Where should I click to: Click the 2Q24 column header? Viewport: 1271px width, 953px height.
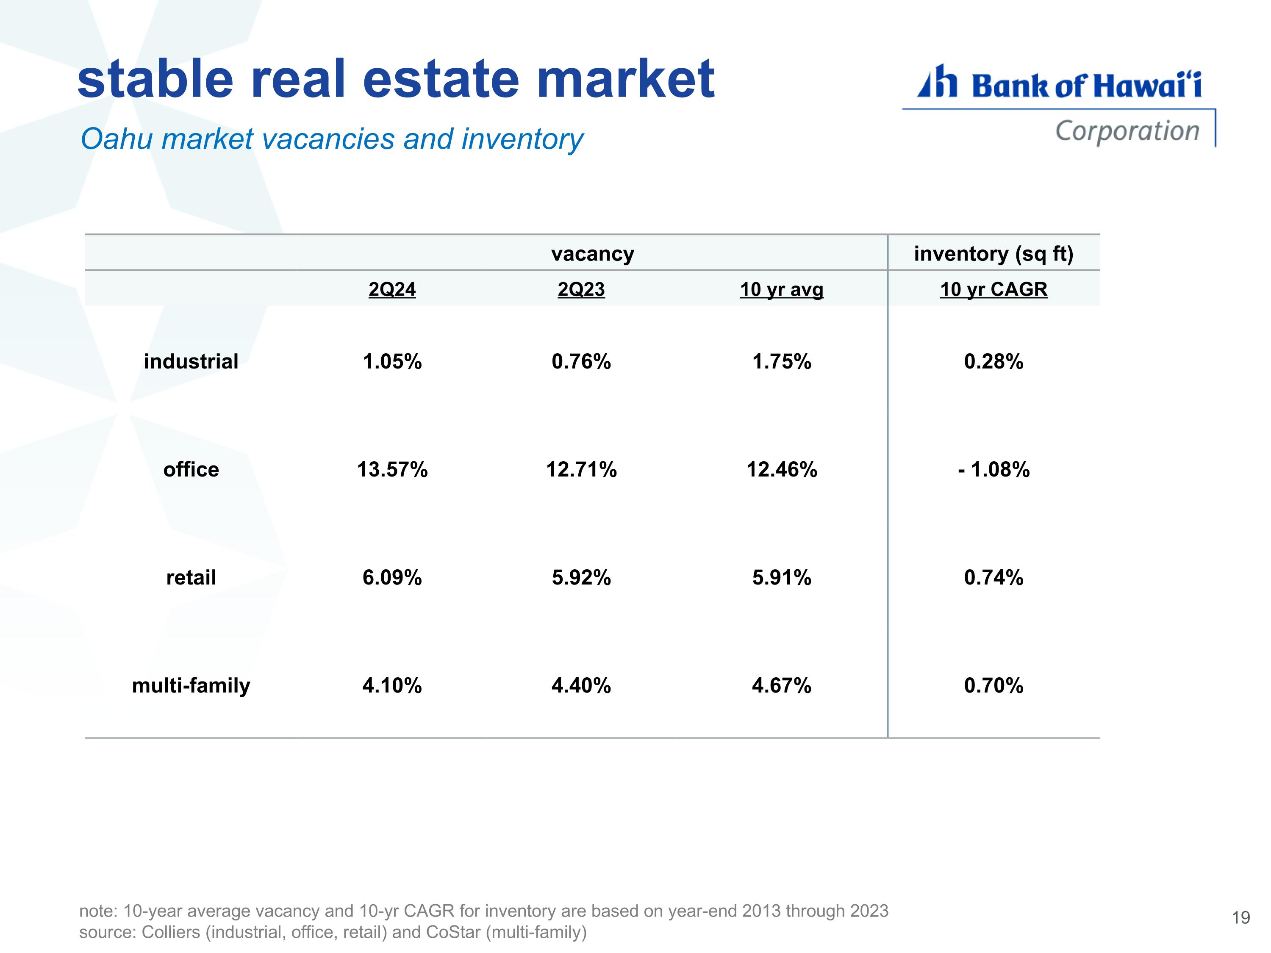(392, 289)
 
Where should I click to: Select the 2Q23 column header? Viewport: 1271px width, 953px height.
(581, 289)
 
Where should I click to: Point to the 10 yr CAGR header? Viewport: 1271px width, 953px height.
(993, 289)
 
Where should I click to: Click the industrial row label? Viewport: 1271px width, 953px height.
(191, 361)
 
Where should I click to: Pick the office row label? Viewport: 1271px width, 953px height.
(191, 469)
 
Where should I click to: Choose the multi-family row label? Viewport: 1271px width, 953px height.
(191, 685)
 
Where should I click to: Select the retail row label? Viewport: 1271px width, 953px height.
(191, 577)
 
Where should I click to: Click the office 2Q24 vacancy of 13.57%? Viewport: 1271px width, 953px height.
(392, 469)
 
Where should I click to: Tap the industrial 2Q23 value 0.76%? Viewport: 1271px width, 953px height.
(581, 361)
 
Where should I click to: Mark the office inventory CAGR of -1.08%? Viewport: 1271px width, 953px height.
(993, 469)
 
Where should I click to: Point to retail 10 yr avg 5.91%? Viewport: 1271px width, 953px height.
(781, 577)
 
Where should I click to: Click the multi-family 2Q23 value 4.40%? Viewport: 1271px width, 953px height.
(581, 685)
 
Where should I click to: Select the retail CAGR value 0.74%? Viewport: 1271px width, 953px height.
(993, 577)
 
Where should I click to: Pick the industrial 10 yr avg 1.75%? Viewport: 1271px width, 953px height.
(781, 361)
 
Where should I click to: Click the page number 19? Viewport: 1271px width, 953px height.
(1241, 917)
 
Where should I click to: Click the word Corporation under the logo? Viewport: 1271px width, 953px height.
(1127, 131)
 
